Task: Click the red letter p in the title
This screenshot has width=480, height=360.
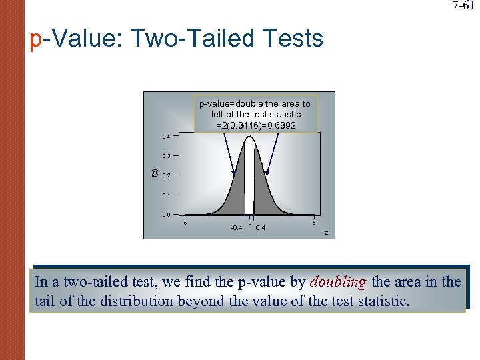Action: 37,40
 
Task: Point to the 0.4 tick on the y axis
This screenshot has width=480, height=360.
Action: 166,137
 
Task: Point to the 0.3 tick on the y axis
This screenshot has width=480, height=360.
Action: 166,156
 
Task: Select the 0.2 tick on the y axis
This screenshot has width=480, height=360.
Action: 166,175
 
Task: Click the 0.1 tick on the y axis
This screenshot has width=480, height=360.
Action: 166,195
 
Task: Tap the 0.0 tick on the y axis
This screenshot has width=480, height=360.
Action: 166,215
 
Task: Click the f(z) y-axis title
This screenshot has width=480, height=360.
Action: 155,175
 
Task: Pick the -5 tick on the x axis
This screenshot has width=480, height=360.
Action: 185,222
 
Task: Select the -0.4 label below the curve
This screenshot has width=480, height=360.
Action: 237,228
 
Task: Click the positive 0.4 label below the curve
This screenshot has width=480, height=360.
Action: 261,228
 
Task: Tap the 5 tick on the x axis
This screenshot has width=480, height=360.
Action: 315,222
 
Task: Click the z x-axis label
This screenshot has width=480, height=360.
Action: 326,232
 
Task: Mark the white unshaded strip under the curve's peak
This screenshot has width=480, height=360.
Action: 249,180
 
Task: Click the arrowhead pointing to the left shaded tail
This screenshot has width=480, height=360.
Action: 235,174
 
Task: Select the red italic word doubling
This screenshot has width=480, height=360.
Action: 338,282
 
